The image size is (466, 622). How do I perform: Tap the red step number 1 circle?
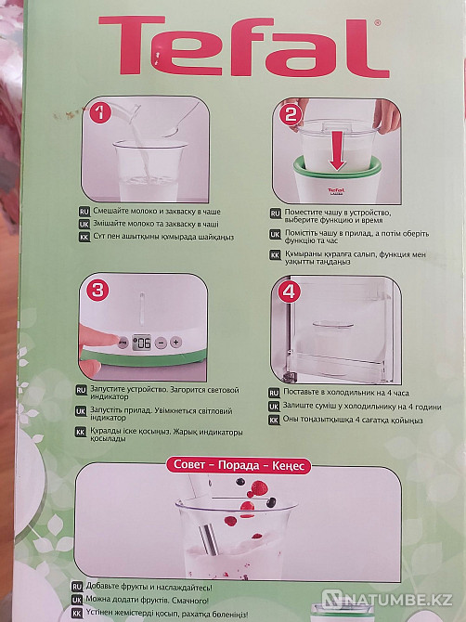point(98,116)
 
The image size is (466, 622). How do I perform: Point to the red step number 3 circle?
point(97,290)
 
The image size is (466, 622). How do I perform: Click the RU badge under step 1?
point(84,212)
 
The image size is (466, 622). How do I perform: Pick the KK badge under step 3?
point(84,432)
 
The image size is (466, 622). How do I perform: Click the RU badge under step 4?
point(274,392)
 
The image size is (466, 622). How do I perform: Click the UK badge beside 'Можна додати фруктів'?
point(79,600)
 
